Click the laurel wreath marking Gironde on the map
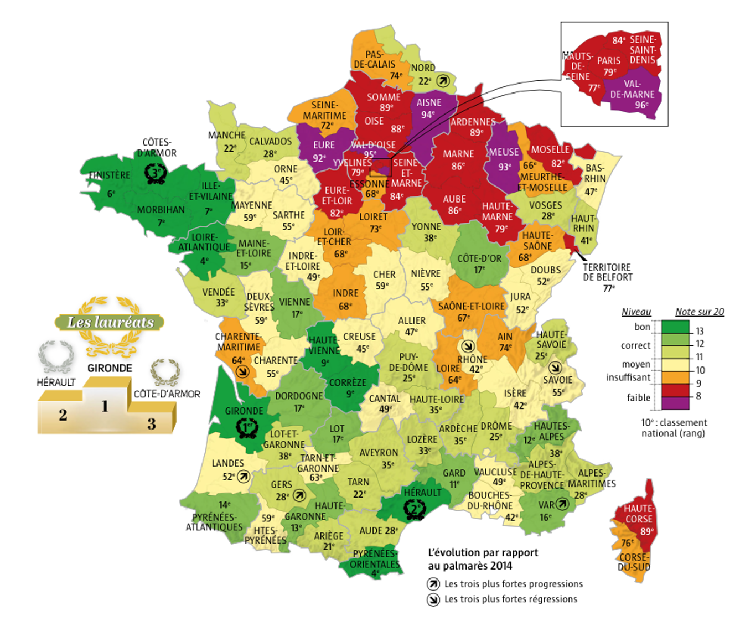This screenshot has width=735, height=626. tap(246, 428)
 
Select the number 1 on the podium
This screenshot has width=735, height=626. tap(105, 406)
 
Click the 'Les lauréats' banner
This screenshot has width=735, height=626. tap(110, 322)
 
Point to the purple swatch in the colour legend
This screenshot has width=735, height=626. tap(675, 403)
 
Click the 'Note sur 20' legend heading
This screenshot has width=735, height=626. tap(699, 312)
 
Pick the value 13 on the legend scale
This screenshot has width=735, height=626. tap(700, 331)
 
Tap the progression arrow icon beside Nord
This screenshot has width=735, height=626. tap(442, 81)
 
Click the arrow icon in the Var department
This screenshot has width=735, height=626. tap(562, 504)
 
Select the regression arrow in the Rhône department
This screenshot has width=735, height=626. tap(468, 346)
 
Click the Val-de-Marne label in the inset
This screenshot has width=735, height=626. tap(632, 89)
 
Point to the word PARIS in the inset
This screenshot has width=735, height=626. tap(608, 61)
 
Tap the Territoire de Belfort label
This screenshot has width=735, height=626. tap(607, 272)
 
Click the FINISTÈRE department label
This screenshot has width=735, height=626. tap(110, 175)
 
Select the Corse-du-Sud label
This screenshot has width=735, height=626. tap(634, 562)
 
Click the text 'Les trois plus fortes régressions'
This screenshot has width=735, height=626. tap(510, 599)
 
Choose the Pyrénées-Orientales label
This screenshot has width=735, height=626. tap(375, 559)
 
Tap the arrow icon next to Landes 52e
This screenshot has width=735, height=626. tap(244, 477)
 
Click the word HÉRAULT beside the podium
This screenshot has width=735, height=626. tap(56, 382)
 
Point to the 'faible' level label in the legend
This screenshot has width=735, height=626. tap(639, 397)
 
